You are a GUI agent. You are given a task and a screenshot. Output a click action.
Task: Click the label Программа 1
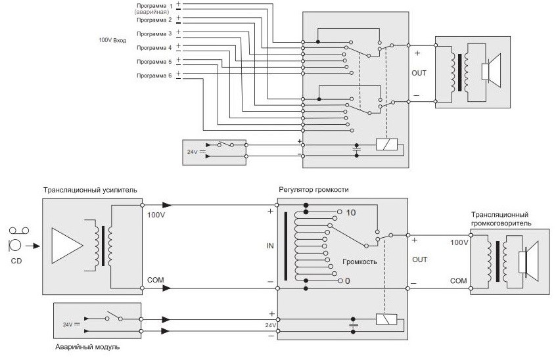pos(152,6)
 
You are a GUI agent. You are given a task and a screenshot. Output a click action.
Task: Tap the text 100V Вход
pos(112,40)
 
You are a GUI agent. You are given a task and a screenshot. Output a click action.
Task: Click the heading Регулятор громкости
pos(313,191)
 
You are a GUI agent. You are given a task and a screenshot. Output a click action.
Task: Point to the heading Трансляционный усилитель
pos(89,191)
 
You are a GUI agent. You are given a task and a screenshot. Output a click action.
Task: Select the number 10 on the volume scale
pos(350,212)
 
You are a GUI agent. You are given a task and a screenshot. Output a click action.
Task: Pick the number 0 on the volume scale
pos(347,281)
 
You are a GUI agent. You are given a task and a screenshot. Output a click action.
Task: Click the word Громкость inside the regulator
pos(359,261)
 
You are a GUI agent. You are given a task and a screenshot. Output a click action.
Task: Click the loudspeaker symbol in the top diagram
pos(490,71)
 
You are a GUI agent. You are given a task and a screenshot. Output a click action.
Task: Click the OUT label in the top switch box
pos(419,73)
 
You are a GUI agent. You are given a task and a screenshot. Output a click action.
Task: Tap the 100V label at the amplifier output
pos(156,215)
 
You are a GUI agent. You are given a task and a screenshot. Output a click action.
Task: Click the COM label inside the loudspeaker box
pos(457,281)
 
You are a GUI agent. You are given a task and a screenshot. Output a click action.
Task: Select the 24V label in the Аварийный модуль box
pos(67,323)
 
